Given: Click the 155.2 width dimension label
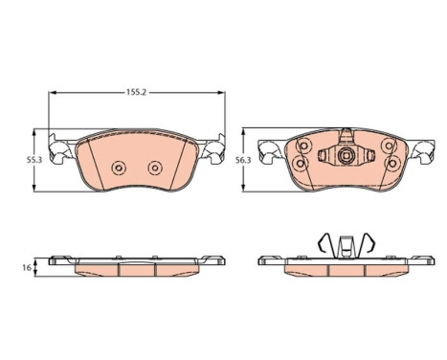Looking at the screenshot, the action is point(136,92).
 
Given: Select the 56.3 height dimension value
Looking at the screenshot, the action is point(243,160).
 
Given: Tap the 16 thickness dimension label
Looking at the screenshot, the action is point(28,267).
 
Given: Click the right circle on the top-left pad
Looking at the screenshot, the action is point(155,168).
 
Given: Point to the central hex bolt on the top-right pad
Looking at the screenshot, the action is point(346,155).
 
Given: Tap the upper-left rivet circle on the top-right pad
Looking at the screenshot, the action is point(302,146).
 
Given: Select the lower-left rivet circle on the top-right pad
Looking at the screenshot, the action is point(300,164).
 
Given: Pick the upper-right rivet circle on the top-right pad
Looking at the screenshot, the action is point(390,146).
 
